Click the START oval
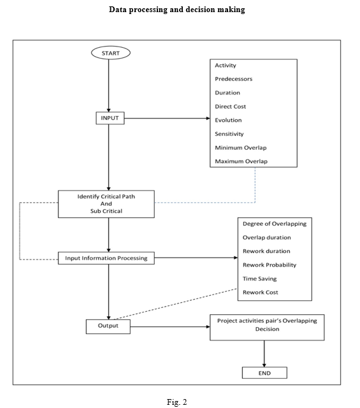111,53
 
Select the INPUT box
110,118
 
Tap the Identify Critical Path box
106,204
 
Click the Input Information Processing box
106,258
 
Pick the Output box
108,326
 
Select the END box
264,373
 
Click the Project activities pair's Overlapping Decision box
267,327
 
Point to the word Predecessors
234,79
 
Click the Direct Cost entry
230,106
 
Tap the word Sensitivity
229,134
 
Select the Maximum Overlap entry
241,161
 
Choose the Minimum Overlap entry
241,148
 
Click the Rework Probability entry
270,265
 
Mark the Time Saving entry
259,279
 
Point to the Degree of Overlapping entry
275,224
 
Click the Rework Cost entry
261,293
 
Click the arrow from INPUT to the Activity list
167,119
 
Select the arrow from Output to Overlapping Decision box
170,326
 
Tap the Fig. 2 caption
177,402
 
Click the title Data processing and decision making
177,10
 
